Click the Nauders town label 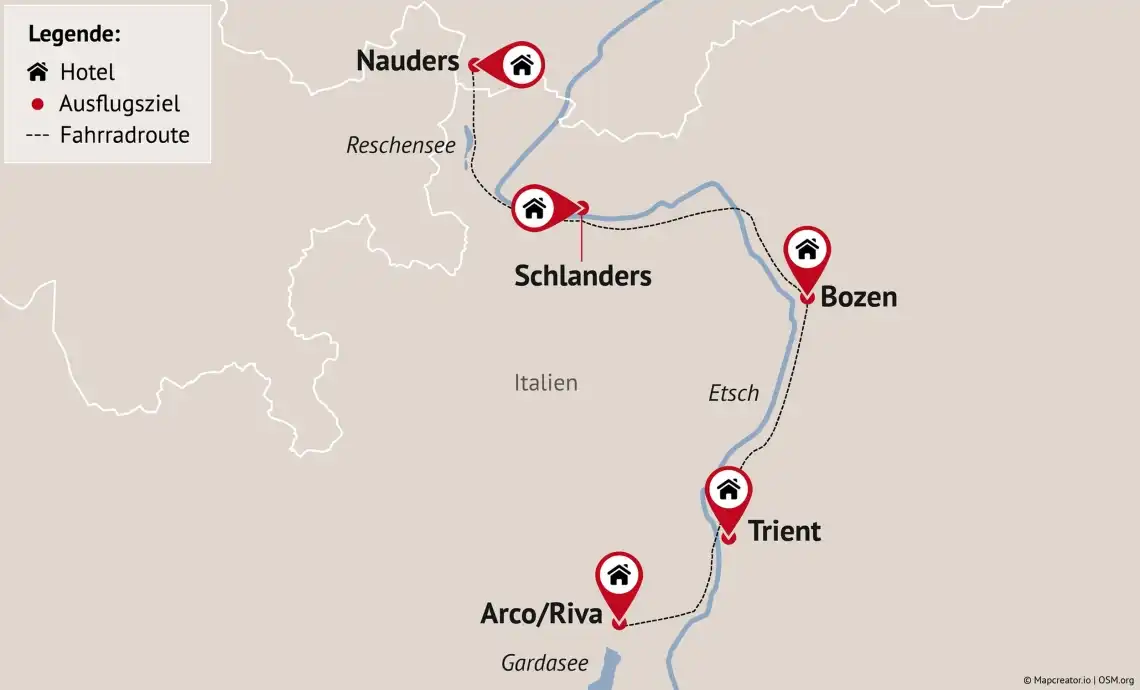[x=407, y=62]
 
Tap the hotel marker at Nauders [x=521, y=66]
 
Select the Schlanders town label [x=582, y=276]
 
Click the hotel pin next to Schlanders [x=535, y=208]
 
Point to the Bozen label [x=858, y=297]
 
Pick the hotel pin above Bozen [x=807, y=250]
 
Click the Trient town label [x=784, y=531]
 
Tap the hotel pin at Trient [x=728, y=490]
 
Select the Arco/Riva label [x=541, y=614]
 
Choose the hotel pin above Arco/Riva [x=619, y=576]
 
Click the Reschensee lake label [x=400, y=146]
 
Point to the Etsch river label [x=733, y=394]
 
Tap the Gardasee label [x=544, y=663]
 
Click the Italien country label [x=545, y=383]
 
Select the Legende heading [x=74, y=34]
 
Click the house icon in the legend [x=38, y=72]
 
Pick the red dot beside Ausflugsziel [x=38, y=104]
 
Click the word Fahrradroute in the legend [x=124, y=135]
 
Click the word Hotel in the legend [x=87, y=72]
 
